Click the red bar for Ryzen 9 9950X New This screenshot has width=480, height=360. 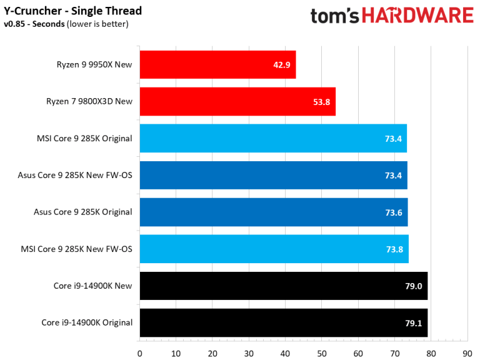217,65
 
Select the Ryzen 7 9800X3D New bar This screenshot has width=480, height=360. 237,102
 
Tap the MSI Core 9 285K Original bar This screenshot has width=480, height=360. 273,138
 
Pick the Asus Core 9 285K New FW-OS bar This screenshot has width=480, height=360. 273,175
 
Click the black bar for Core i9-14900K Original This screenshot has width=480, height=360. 284,322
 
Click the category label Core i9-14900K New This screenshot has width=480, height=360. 93,286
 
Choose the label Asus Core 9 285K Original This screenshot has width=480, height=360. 82,212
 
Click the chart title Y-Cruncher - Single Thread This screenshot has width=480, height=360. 72,11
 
